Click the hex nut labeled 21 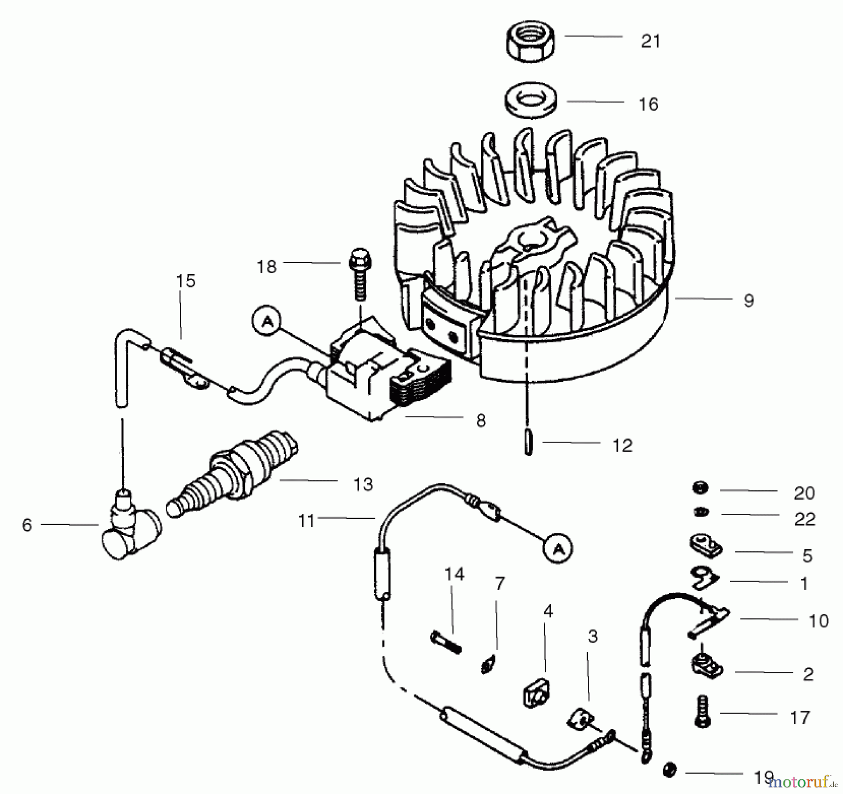pyautogui.click(x=531, y=42)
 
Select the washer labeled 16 pyautogui.click(x=531, y=103)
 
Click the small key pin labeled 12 pyautogui.click(x=529, y=443)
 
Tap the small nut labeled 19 pyautogui.click(x=670, y=770)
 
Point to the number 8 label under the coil pyautogui.click(x=481, y=421)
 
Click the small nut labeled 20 pyautogui.click(x=700, y=488)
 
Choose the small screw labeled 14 pyautogui.click(x=445, y=642)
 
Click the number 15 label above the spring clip pyautogui.click(x=185, y=281)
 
